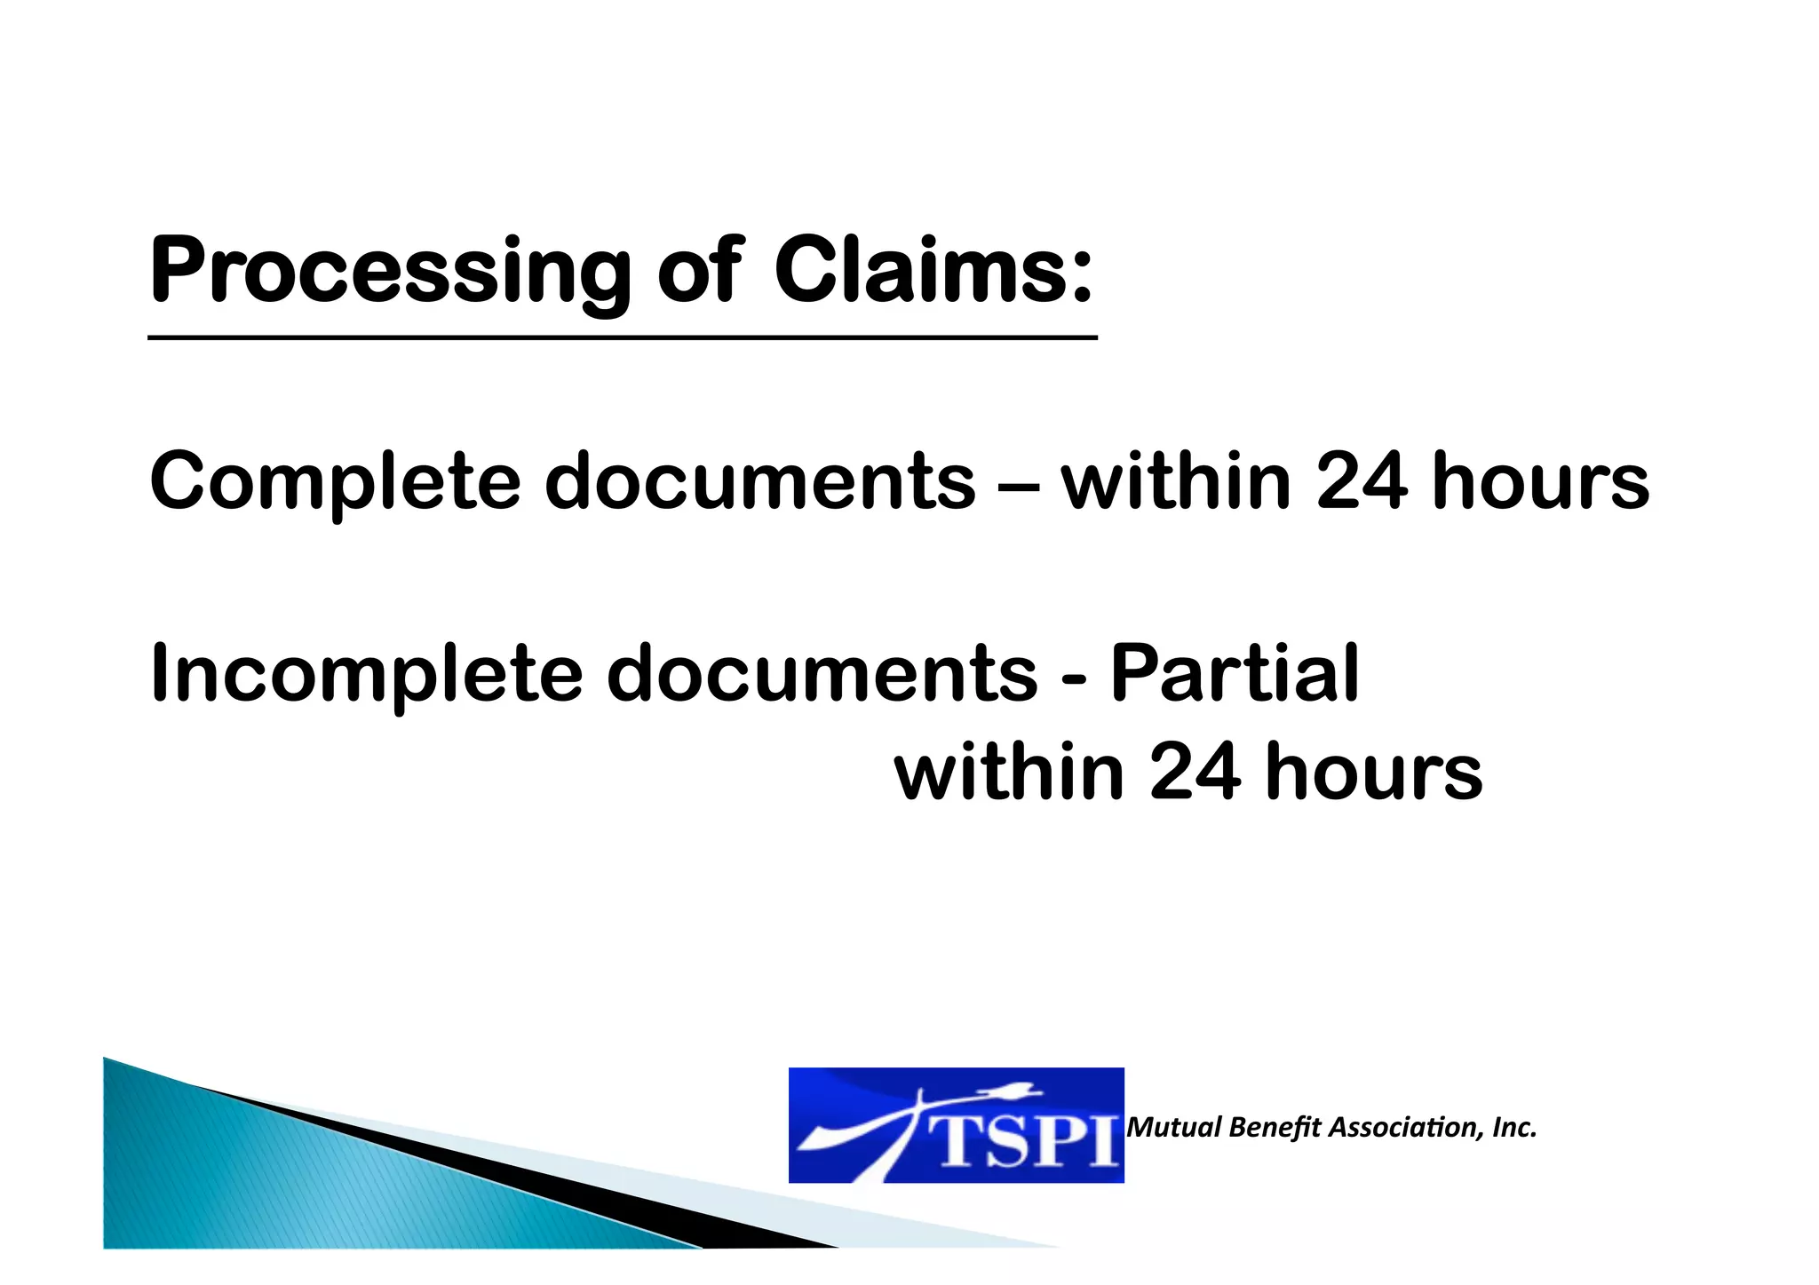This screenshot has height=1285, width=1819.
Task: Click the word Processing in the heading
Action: pos(390,271)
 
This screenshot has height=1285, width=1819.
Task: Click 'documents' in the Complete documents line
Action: pos(759,482)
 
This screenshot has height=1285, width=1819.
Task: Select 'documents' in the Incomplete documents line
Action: pos(822,673)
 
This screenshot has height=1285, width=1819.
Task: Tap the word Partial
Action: pos(1235,673)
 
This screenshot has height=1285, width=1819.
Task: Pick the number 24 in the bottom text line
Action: pos(1195,772)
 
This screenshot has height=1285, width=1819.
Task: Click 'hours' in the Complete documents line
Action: pos(1541,482)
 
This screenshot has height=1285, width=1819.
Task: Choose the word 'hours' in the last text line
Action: pos(1374,772)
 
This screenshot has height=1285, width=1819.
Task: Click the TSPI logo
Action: pos(956,1125)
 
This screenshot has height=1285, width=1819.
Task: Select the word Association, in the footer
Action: pos(1406,1128)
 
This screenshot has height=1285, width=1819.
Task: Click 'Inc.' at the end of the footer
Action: pos(1514,1128)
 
